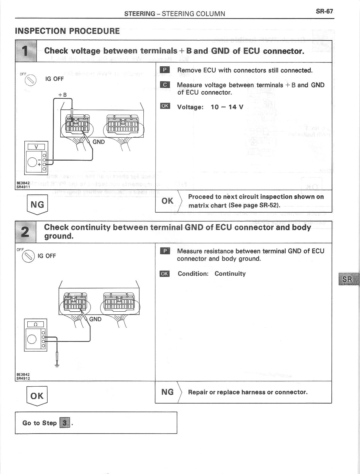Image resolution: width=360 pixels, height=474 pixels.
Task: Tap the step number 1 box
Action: point(26,51)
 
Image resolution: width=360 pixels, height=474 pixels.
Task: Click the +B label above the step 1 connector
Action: point(62,95)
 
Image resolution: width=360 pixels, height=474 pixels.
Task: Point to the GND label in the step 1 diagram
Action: point(98,142)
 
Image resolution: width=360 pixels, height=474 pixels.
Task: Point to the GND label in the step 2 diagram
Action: point(95,319)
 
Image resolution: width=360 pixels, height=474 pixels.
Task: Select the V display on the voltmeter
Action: point(36,147)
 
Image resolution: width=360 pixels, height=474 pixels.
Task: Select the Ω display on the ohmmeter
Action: point(35,324)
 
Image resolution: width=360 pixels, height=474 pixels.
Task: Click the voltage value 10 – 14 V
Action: point(227,107)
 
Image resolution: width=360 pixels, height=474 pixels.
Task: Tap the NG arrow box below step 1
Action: point(37,205)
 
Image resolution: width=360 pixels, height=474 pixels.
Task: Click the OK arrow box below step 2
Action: point(37,396)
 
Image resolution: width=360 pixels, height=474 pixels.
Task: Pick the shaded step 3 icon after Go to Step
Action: point(65,423)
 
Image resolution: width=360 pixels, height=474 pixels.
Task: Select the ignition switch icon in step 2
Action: point(28,256)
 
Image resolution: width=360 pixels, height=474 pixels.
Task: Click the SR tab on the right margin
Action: point(348,279)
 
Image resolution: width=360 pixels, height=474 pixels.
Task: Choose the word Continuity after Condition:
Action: point(230,274)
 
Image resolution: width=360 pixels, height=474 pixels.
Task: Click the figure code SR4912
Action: point(23,379)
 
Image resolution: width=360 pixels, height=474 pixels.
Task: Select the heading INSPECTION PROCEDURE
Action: point(67,31)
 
